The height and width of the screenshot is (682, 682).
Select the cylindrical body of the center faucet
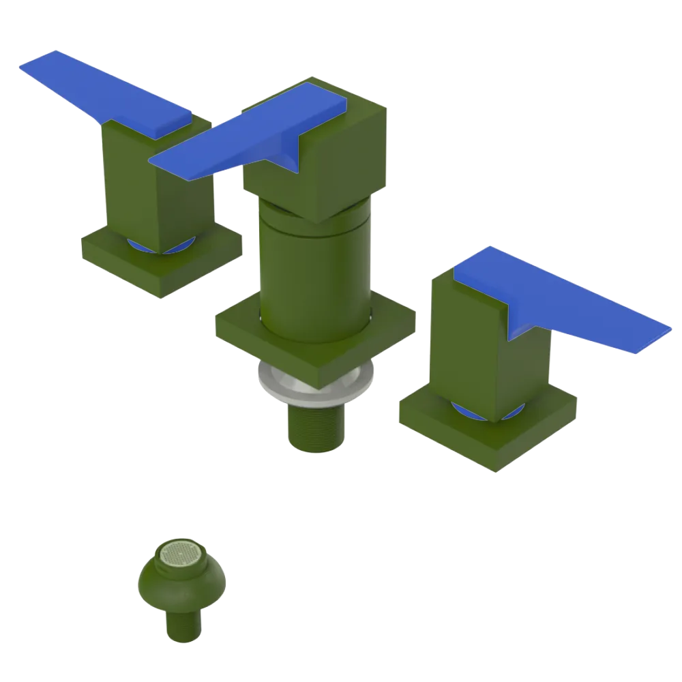[x=314, y=273]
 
